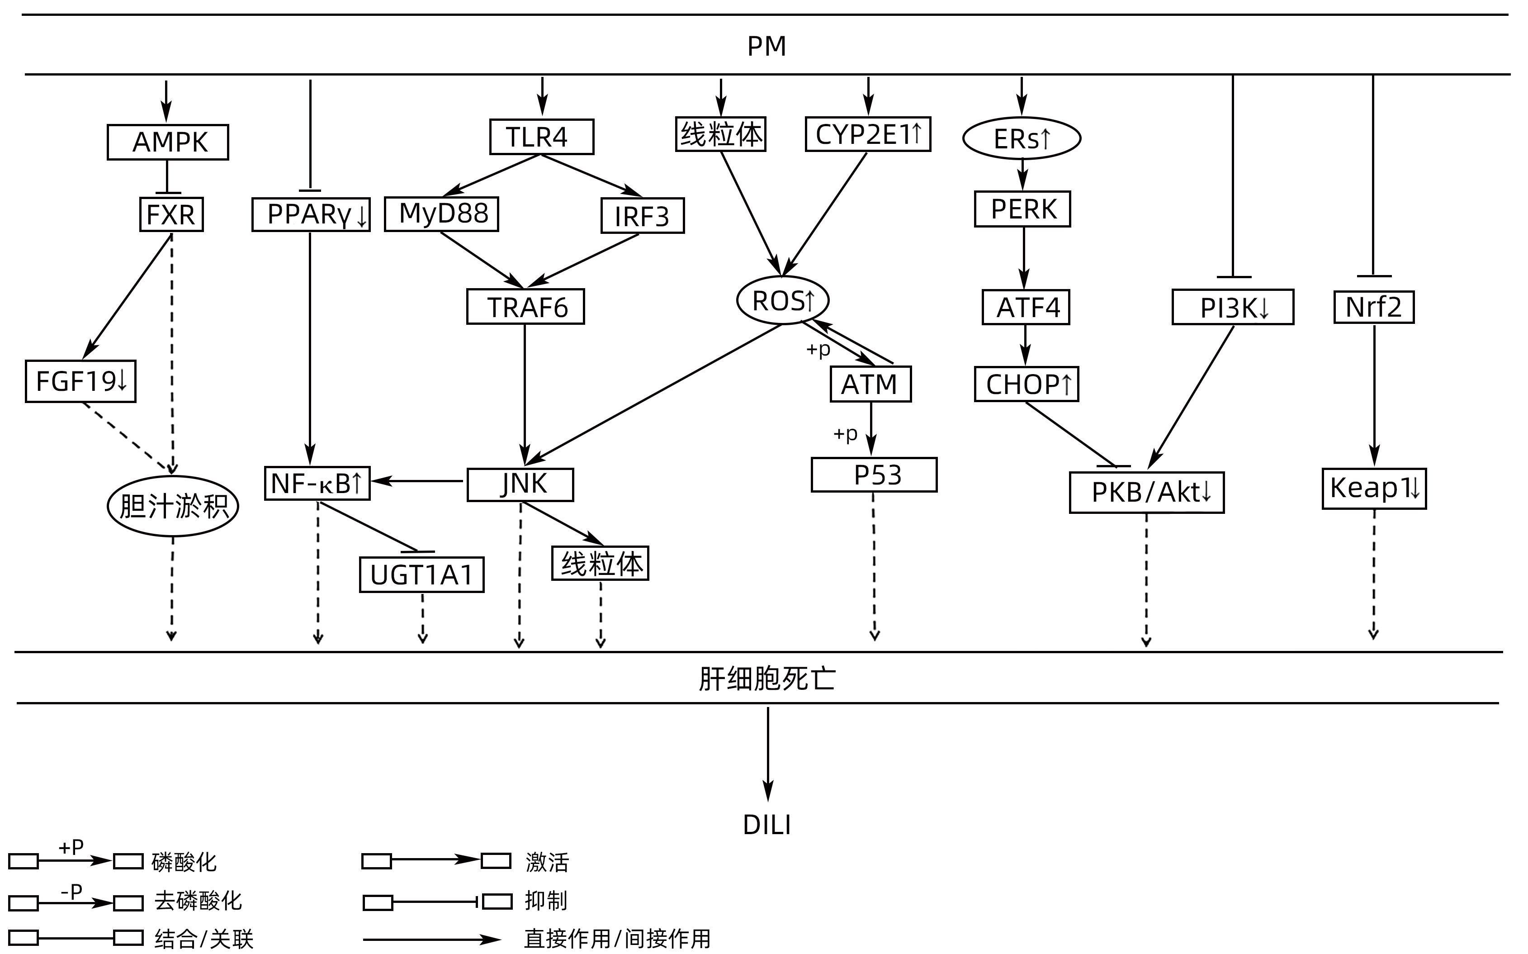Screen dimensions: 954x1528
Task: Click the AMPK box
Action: click(x=168, y=142)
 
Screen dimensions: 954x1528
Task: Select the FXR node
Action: click(x=171, y=214)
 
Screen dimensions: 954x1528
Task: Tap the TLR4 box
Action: click(x=541, y=136)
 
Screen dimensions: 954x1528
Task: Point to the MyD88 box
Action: click(x=441, y=214)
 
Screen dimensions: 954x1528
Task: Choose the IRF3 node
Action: click(x=642, y=216)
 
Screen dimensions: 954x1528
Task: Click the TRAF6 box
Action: click(x=525, y=307)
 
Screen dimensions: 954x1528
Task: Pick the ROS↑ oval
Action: click(x=783, y=300)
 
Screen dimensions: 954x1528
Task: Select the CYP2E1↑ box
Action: click(x=868, y=134)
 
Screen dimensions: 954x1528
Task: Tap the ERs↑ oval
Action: click(x=1021, y=138)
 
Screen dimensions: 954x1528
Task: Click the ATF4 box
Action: click(x=1026, y=307)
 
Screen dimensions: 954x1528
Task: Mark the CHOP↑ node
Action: click(x=1026, y=384)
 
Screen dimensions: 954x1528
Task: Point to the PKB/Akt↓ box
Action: click(x=1146, y=492)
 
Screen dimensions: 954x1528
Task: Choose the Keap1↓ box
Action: click(x=1373, y=488)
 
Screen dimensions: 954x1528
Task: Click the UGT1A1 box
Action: click(x=421, y=574)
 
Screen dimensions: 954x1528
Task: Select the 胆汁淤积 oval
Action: click(x=173, y=506)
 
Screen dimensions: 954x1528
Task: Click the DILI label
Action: click(x=767, y=825)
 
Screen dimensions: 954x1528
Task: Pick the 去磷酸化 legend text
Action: click(x=198, y=901)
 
